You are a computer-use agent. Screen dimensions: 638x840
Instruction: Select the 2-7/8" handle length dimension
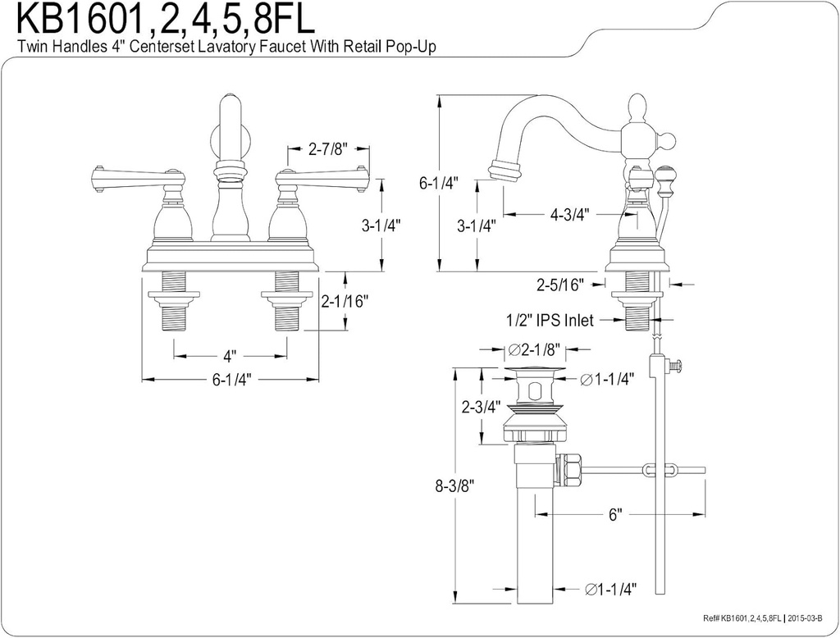click(328, 149)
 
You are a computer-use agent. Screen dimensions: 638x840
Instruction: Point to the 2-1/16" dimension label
click(345, 301)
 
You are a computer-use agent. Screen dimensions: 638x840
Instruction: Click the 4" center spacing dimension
click(231, 356)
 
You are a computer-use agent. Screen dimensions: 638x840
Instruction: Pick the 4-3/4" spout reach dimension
click(570, 215)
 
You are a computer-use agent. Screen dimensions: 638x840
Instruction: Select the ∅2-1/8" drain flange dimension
click(534, 350)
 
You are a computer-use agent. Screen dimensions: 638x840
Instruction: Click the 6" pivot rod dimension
click(614, 515)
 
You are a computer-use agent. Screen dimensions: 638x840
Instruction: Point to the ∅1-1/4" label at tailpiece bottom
click(610, 589)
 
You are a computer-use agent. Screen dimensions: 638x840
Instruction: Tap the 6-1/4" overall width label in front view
click(231, 380)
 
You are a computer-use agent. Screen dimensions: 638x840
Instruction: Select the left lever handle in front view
click(135, 175)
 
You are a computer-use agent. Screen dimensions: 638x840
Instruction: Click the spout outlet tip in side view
click(504, 171)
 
